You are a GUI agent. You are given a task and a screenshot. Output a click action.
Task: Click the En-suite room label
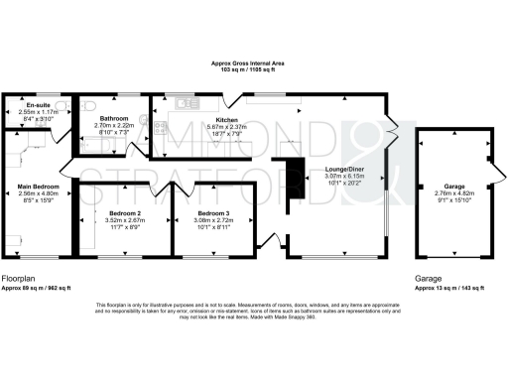tap(39, 104)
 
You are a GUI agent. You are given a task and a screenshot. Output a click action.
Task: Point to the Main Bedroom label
tap(39, 187)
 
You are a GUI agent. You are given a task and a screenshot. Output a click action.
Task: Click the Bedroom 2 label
tap(125, 213)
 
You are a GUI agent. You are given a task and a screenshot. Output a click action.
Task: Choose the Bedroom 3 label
tap(213, 213)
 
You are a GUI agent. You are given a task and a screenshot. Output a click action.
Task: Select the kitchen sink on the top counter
tap(183, 101)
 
